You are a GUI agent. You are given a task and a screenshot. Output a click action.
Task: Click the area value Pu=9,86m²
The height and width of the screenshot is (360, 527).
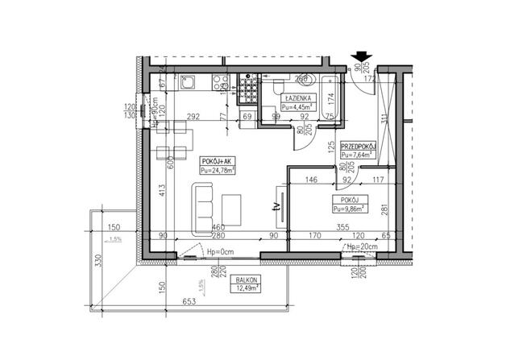click(x=351, y=208)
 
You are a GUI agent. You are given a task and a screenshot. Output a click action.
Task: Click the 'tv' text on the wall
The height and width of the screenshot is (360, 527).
click(x=276, y=206)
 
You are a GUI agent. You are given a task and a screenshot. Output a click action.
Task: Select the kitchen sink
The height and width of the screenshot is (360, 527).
click(x=187, y=81)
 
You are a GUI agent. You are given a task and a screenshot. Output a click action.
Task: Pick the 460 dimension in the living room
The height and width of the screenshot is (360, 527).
click(x=217, y=228)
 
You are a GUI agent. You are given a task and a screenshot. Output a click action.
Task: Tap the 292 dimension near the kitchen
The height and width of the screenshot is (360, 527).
click(x=193, y=117)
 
